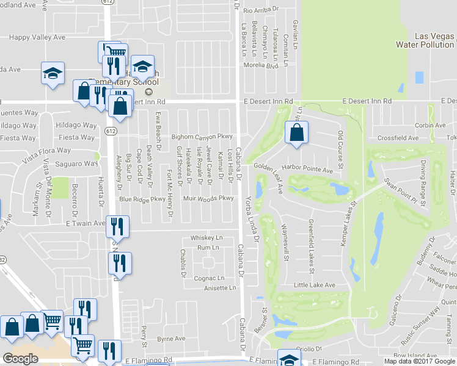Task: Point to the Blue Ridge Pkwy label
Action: (x=142, y=199)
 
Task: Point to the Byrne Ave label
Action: (x=171, y=339)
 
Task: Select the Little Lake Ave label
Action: (x=314, y=285)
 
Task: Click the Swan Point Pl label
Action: (x=383, y=182)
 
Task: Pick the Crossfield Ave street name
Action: (x=398, y=138)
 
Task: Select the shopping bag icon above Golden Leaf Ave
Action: (x=296, y=132)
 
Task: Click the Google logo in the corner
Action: (x=20, y=359)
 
